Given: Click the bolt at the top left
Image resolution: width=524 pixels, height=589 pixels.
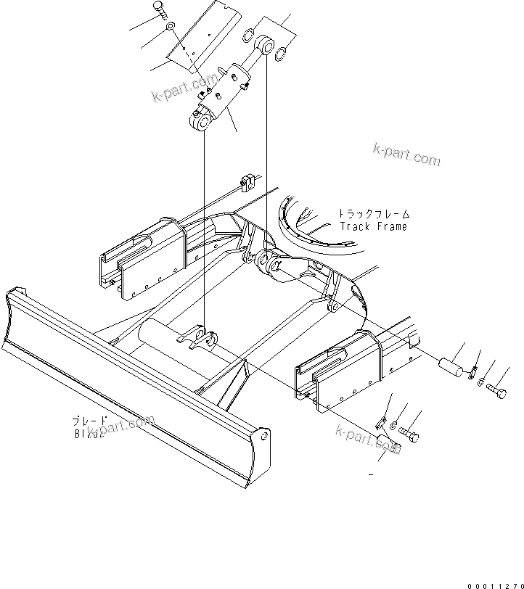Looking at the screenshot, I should [x=160, y=9].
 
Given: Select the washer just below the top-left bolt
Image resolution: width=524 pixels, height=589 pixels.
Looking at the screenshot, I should [x=168, y=27].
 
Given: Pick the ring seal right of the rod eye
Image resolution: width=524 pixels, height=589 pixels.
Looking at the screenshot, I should [x=282, y=52].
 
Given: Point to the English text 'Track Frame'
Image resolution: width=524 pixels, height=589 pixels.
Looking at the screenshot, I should [x=373, y=226].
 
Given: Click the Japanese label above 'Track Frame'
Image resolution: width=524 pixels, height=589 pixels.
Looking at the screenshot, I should [x=373, y=214].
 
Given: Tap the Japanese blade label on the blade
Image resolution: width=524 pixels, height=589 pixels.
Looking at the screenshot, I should [x=89, y=421].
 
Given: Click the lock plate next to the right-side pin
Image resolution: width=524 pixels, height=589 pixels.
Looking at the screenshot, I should [x=472, y=371].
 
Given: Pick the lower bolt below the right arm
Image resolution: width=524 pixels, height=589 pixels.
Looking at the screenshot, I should [x=409, y=435].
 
